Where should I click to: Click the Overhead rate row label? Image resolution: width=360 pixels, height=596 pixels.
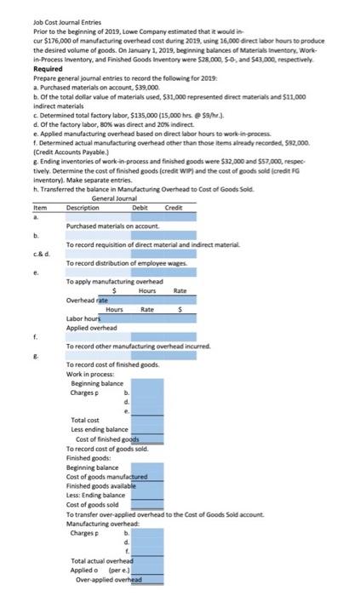click(x=88, y=300)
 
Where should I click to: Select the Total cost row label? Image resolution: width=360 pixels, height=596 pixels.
click(x=86, y=421)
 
